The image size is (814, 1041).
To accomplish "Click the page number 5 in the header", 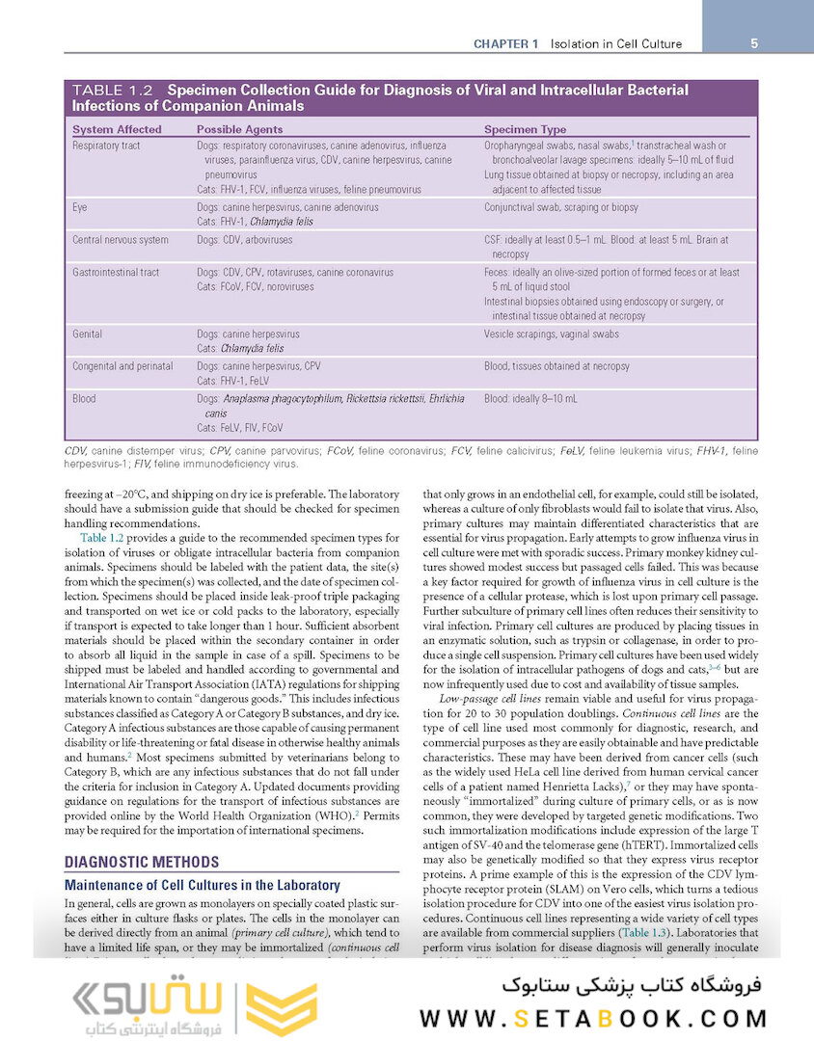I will click(x=753, y=43).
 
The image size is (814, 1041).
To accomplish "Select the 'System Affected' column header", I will click(x=118, y=129).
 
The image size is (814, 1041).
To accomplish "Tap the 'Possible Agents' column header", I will click(x=239, y=129).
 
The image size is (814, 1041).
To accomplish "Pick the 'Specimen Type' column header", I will click(x=525, y=129).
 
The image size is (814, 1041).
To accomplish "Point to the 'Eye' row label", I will click(x=80, y=207).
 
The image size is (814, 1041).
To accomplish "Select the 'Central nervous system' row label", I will click(x=121, y=240).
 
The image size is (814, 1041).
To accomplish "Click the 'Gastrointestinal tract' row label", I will click(x=116, y=273).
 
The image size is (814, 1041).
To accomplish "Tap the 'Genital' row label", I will click(x=88, y=334).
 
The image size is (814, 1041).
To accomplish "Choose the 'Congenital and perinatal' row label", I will click(x=122, y=366).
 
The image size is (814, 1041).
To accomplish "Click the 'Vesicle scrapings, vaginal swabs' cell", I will click(x=552, y=334).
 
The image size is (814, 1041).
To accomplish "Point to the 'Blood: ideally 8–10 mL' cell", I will click(x=530, y=398).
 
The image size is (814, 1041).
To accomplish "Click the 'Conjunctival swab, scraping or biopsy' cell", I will click(x=561, y=207).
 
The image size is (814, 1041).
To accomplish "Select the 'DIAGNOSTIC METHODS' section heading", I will click(x=135, y=864).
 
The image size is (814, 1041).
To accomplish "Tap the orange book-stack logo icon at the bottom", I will click(x=282, y=1008).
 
